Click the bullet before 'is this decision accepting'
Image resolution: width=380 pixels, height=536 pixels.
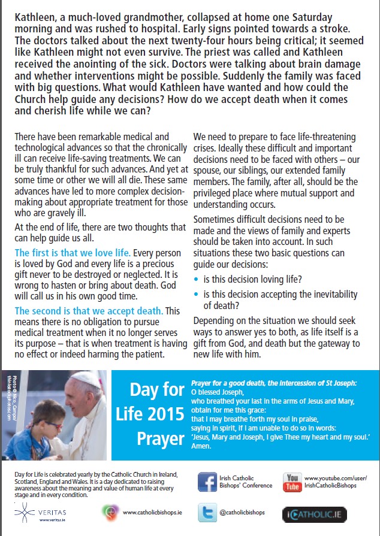click(x=197, y=295)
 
